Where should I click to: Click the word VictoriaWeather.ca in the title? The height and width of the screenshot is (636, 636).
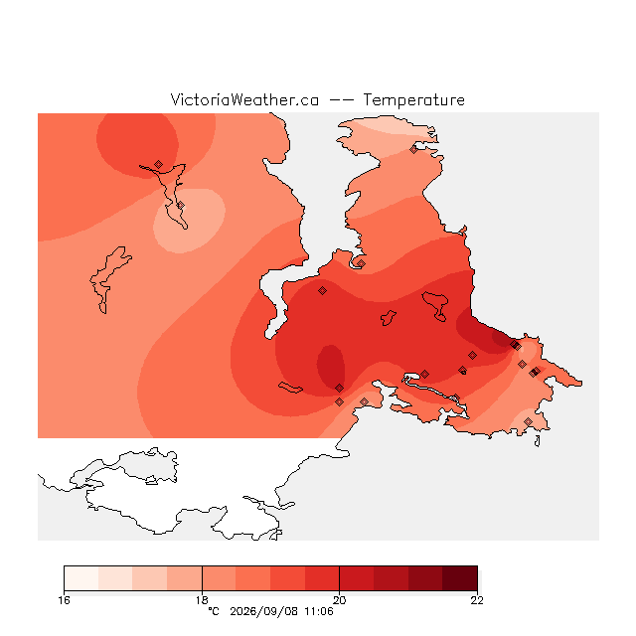[244, 99]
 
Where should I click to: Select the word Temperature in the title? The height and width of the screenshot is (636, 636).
[413, 99]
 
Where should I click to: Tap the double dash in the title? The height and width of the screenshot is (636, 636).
[341, 100]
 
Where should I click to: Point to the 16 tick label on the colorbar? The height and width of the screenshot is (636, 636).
[64, 600]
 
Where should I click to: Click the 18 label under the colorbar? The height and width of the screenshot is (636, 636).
[202, 600]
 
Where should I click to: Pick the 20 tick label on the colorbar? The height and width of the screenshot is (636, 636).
[339, 600]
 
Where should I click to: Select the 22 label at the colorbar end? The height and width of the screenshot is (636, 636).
[477, 600]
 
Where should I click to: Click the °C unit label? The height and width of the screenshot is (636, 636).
[214, 611]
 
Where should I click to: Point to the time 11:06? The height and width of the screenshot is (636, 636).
[319, 611]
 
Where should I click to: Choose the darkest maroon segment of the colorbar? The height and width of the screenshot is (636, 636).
[460, 578]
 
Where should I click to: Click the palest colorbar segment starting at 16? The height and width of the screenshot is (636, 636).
[81, 578]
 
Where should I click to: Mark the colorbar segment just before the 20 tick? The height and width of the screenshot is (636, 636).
[322, 578]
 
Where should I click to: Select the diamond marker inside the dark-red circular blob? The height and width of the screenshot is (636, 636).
[159, 164]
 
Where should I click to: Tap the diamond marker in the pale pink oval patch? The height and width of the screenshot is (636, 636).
[181, 206]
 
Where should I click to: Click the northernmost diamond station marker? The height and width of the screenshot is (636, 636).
[413, 150]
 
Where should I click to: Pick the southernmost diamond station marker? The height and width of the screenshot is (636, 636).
[528, 421]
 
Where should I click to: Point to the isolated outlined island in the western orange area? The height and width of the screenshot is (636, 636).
[108, 279]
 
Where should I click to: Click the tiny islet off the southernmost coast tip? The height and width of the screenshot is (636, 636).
[538, 441]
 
